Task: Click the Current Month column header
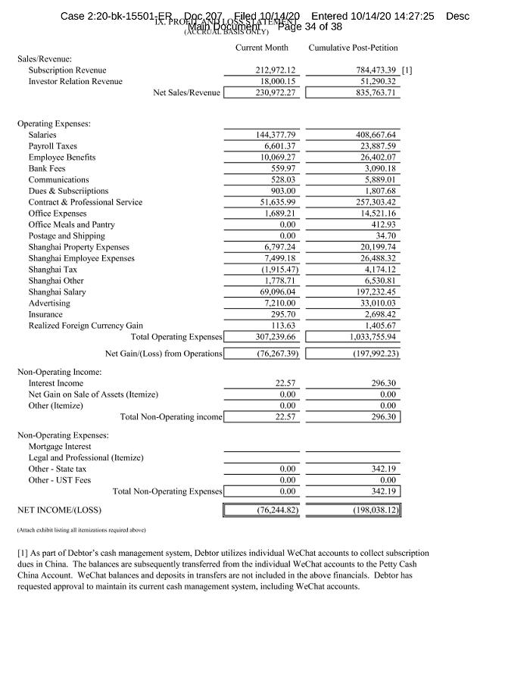[x=261, y=48]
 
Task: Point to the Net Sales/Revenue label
[x=186, y=93]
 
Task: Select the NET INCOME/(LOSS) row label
[x=59, y=510]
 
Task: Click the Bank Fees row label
[x=47, y=169]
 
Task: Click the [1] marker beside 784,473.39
[x=407, y=70]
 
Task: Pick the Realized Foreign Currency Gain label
[x=86, y=326]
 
